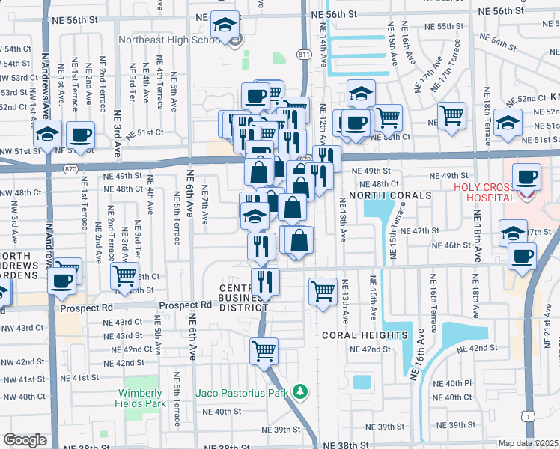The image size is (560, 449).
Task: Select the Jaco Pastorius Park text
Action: [x=242, y=392]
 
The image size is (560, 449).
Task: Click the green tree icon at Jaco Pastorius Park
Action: [x=300, y=391]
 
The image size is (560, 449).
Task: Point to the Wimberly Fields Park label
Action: [x=141, y=398]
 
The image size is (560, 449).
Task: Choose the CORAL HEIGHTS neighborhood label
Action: [x=365, y=335]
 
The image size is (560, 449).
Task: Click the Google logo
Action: [x=25, y=440]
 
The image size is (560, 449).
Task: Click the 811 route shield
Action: [x=302, y=55]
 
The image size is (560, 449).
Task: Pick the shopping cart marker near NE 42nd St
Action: [x=264, y=350]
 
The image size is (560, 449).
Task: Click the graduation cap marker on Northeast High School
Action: [x=224, y=25]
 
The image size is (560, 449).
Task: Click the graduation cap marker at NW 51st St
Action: [x=47, y=135]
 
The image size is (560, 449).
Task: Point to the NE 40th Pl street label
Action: [x=456, y=383]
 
